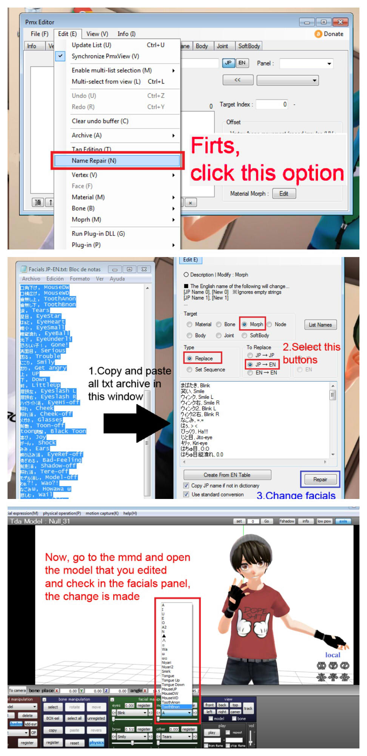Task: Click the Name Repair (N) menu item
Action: pos(94,161)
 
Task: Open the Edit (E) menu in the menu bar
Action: pos(67,34)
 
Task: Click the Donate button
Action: pos(329,34)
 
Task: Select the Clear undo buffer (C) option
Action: pos(100,121)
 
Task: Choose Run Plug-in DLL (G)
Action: pos(98,234)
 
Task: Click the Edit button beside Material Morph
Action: pos(284,194)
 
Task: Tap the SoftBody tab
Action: pos(249,46)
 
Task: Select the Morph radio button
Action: pos(245,324)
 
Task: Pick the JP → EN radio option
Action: pos(250,364)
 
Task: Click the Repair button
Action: pos(320,479)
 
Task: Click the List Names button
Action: pos(320,325)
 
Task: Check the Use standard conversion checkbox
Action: pos(186,494)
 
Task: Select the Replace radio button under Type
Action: pos(190,358)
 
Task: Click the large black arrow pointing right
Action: pos(136,423)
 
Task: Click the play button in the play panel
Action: pos(211,733)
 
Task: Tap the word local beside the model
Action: pos(333,655)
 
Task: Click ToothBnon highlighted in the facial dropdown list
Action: pos(171,706)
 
